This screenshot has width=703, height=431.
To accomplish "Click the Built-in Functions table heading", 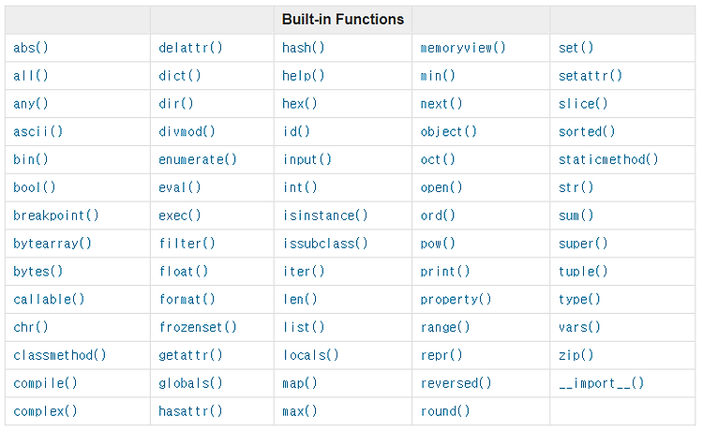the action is point(343,20).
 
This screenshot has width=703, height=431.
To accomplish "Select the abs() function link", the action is point(31,48).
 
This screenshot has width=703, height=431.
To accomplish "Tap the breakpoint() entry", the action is point(56,215).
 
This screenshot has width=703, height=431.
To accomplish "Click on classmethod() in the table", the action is point(60,355).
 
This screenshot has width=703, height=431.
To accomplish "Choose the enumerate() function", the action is point(198,159).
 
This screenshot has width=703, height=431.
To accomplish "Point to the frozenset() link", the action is point(198,327).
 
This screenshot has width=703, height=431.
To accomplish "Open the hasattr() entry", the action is point(190,410).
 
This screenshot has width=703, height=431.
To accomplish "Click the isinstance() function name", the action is point(325,215).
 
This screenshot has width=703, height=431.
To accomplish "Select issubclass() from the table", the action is point(325,244).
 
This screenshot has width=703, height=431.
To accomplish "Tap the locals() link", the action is point(310,355).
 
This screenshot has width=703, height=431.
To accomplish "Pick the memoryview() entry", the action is point(463,48).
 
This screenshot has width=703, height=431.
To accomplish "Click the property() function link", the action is point(456,299).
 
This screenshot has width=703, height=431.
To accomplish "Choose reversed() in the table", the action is point(456,383).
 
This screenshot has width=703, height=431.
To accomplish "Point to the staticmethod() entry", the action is point(608,159).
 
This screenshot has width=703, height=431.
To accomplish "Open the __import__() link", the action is point(601,383).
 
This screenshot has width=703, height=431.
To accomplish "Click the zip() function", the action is point(576,355).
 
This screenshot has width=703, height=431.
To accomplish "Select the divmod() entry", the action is point(187,132).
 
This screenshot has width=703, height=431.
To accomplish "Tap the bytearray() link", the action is point(52,244).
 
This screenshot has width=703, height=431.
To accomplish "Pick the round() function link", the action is point(445,410).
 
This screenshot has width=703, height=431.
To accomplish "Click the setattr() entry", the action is point(591,76).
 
